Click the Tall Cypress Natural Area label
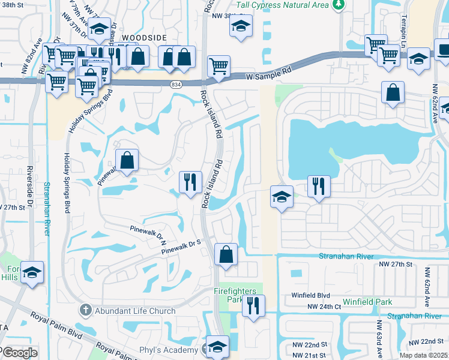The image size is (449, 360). pos(282,5)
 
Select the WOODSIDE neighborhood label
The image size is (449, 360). pos(143,37)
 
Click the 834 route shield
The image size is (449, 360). pos(176,84)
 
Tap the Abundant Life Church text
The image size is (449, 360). pos(135,311)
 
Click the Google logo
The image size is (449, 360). pos(19,353)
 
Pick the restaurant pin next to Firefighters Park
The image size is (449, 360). pos(253,305)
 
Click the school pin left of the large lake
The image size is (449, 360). pos(281,197)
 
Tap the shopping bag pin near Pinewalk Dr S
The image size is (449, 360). pos(226,254)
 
